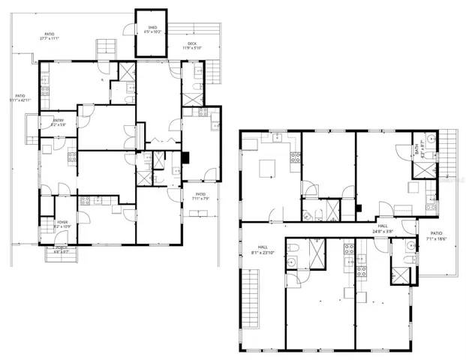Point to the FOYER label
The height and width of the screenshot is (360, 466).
click(62, 221)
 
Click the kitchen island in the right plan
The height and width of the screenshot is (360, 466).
click(269, 170)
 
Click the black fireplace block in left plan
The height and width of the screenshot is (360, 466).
click(185, 158)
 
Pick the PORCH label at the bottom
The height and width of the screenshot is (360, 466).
click(61, 249)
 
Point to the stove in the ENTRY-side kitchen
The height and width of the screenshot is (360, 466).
click(72, 157)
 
